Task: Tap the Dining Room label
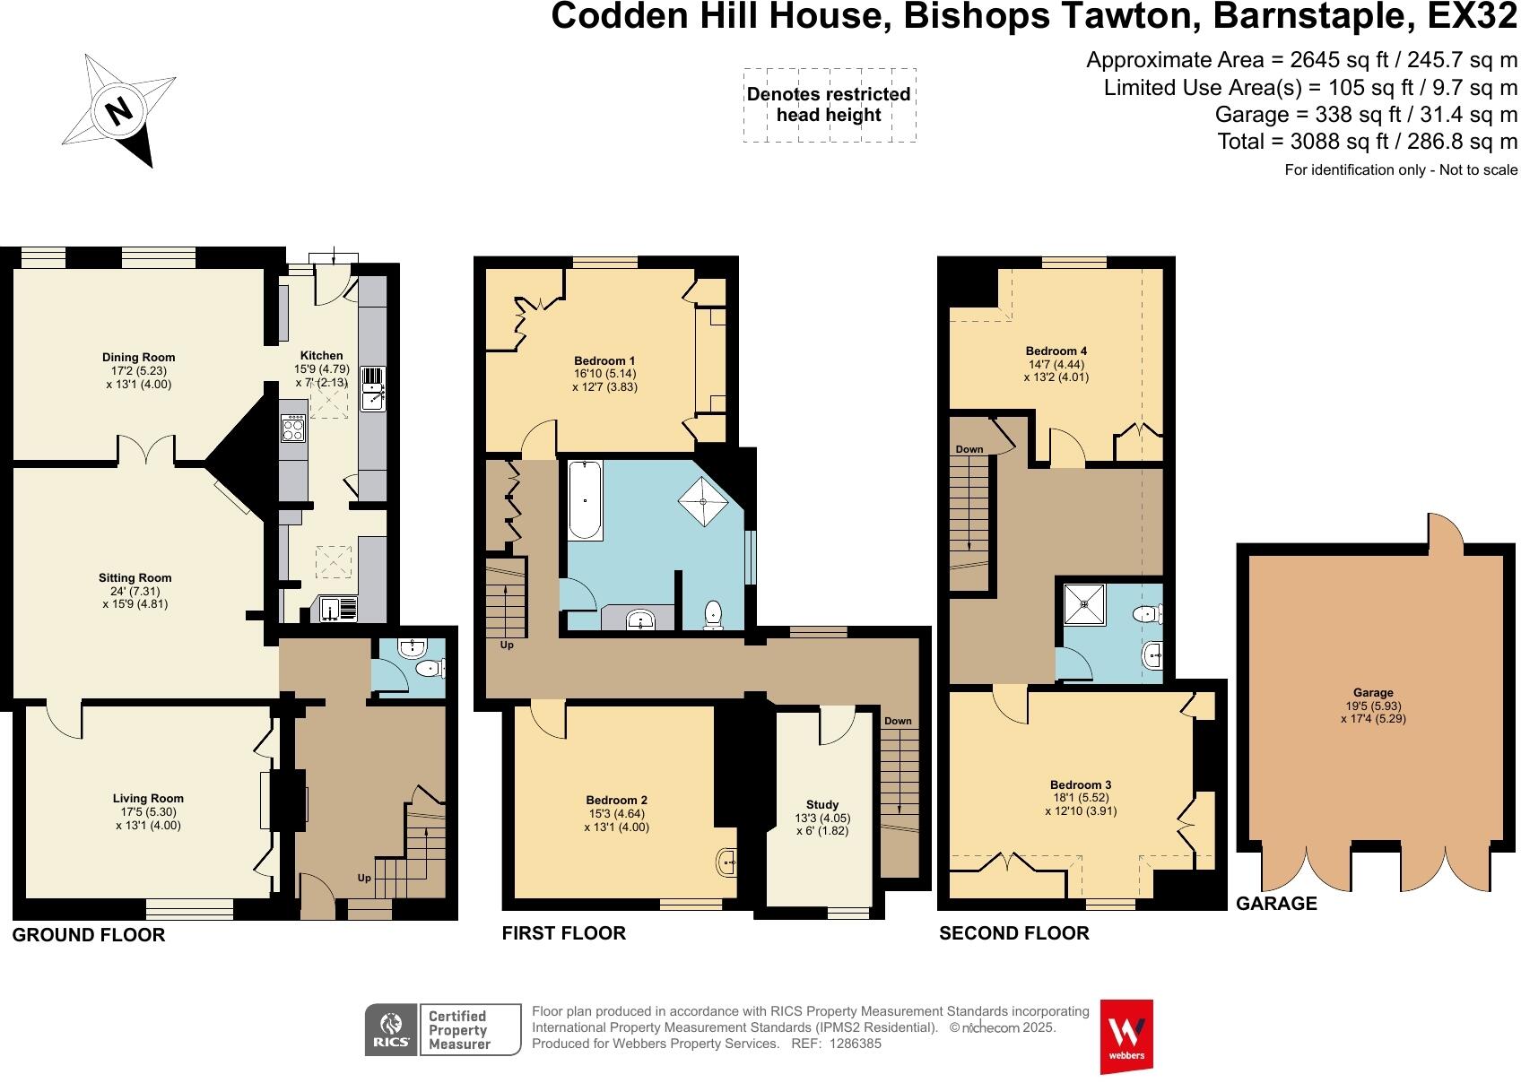tap(138, 358)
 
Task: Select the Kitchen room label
tap(321, 356)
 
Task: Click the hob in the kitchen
tap(293, 429)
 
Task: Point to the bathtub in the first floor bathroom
tap(585, 500)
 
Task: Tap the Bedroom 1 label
tap(605, 361)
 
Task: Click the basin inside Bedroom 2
tap(726, 862)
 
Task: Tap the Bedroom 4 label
tap(1056, 351)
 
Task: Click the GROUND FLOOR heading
tap(89, 935)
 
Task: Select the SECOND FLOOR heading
tap(1013, 933)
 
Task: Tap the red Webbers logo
tap(1126, 1035)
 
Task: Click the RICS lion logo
tap(391, 1030)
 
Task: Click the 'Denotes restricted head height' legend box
tap(829, 105)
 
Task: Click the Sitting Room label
tap(136, 578)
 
